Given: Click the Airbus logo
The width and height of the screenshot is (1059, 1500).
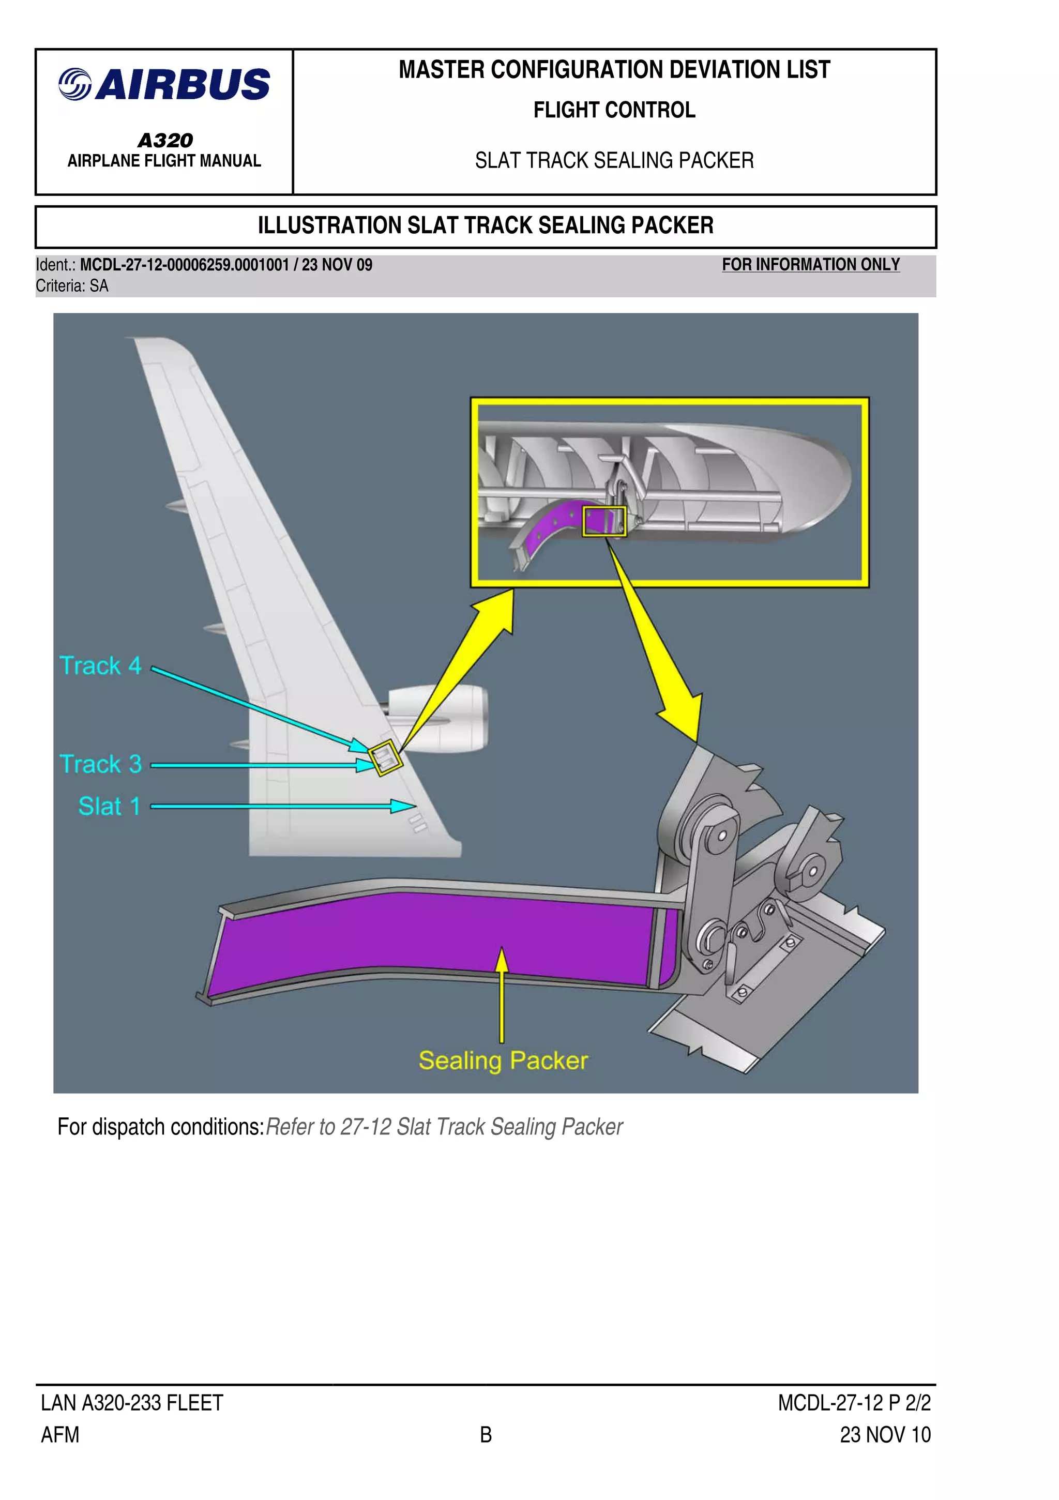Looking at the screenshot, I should click(x=164, y=84).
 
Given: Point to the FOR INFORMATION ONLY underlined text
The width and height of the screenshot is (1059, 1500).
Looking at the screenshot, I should click(x=810, y=265).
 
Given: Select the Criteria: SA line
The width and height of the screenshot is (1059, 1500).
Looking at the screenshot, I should click(x=72, y=285).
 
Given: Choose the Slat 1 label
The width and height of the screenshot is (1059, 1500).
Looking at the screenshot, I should click(x=109, y=806).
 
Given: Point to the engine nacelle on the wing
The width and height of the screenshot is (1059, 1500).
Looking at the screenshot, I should click(x=444, y=719).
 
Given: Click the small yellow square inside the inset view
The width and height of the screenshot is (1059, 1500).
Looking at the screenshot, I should click(x=604, y=521).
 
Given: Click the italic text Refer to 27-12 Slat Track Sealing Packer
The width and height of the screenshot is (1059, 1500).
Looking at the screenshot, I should click(x=444, y=1127).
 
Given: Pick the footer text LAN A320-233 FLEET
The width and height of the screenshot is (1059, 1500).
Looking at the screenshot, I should click(x=132, y=1403).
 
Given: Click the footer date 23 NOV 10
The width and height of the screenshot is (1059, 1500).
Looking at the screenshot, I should click(x=885, y=1435).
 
